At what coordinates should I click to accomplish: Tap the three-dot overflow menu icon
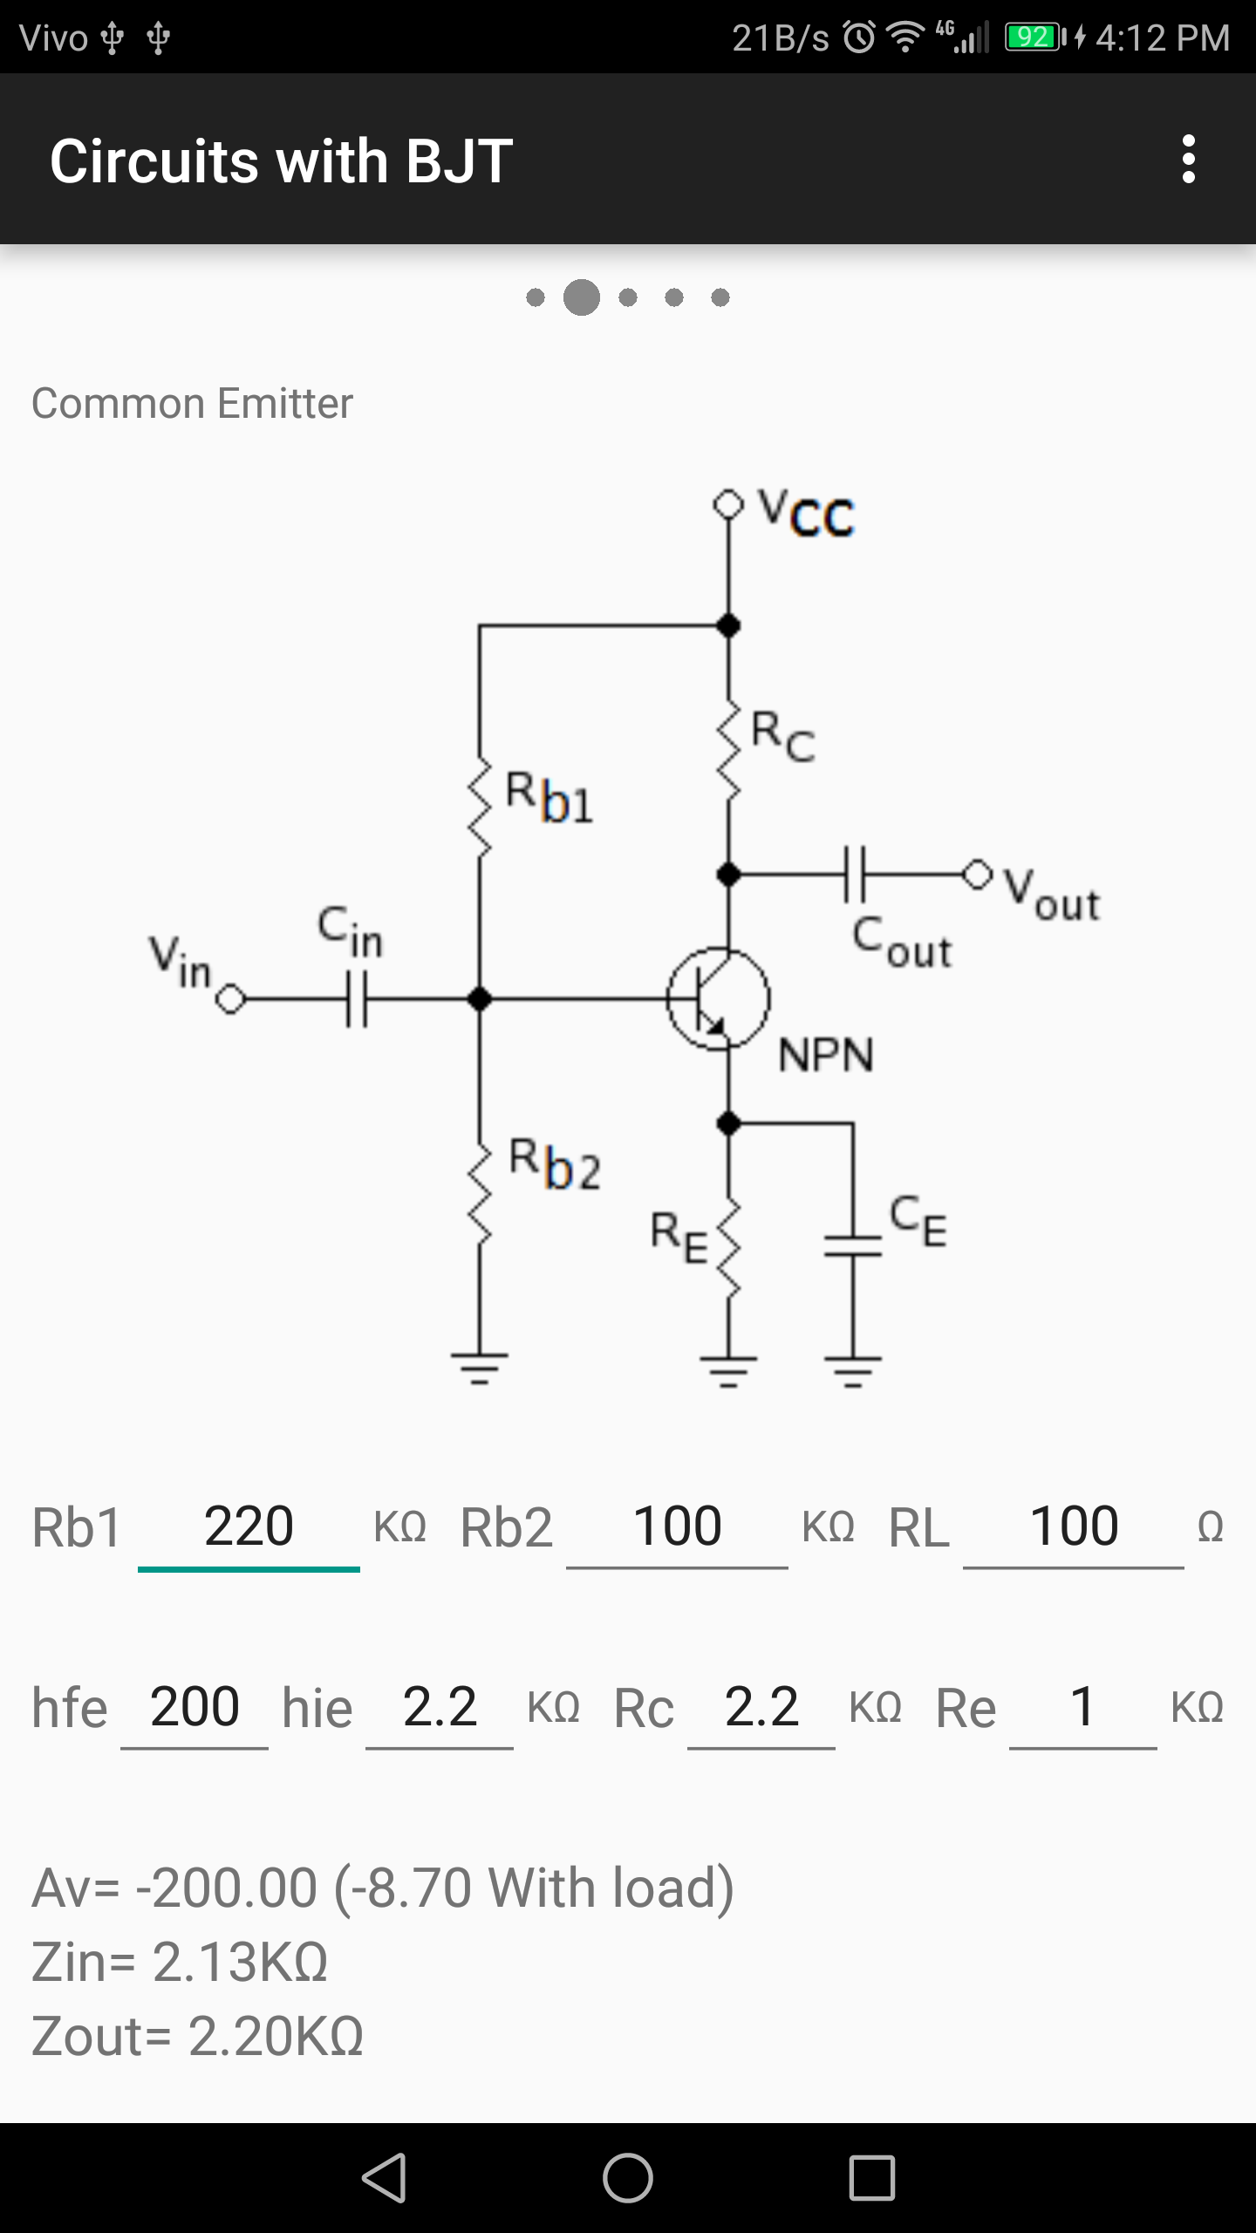click(1188, 159)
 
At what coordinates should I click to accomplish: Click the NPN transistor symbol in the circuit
click(718, 998)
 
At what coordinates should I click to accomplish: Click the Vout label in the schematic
click(1052, 894)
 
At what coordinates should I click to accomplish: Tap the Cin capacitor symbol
click(357, 999)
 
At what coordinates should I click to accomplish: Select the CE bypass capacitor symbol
click(853, 1246)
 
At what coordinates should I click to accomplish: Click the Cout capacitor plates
click(855, 873)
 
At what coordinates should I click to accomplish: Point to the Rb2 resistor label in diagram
click(556, 1164)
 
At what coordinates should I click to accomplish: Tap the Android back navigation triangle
click(385, 2177)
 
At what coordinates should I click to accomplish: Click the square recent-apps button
click(871, 2177)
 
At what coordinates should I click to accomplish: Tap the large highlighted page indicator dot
click(582, 297)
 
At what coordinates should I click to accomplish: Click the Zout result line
click(197, 2037)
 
